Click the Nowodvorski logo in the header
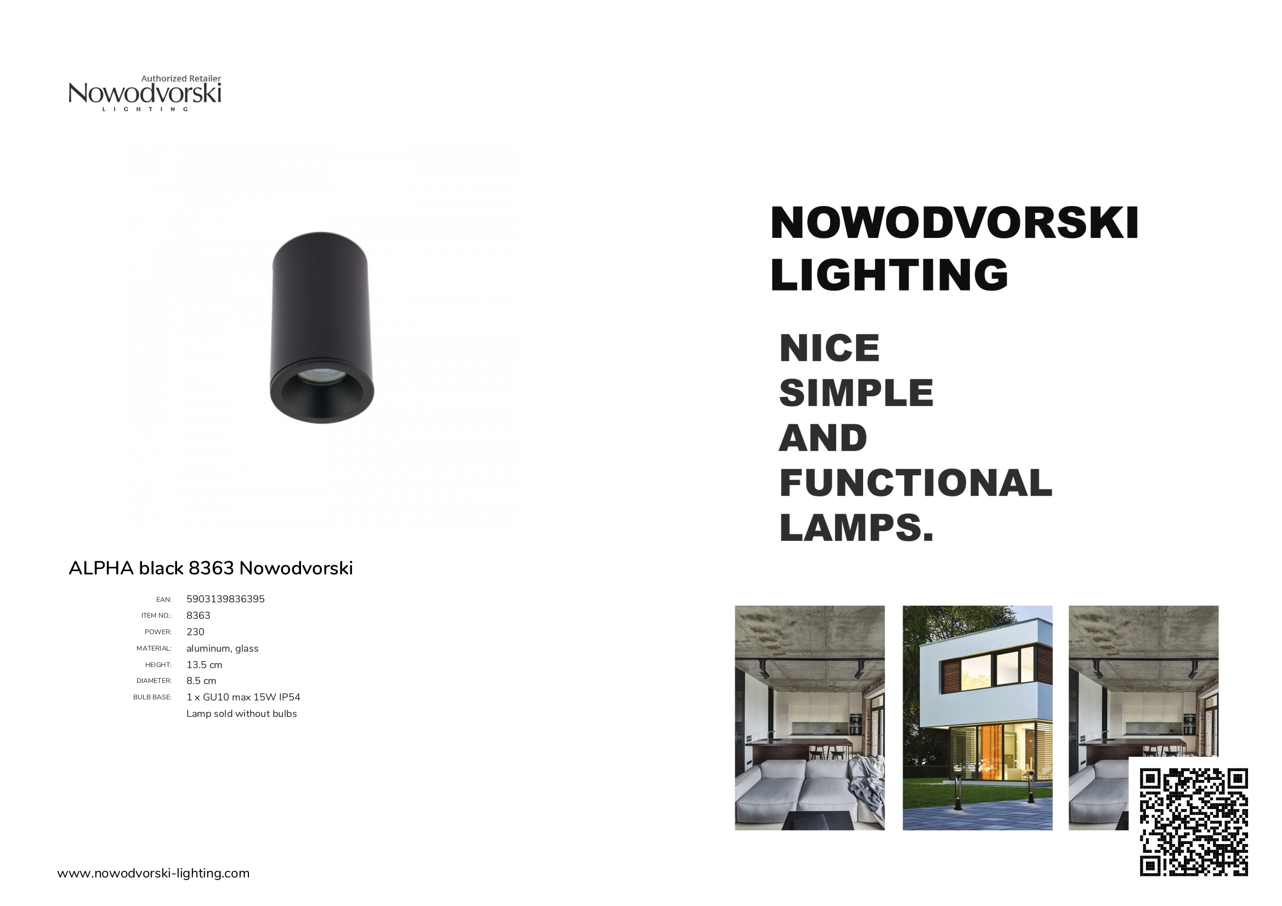(145, 93)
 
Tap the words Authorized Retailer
(181, 79)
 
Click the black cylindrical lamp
(322, 328)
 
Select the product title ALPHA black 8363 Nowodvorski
(211, 568)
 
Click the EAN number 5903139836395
(225, 599)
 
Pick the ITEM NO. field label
(156, 616)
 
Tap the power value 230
(195, 632)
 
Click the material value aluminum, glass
(222, 648)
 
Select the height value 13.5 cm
(205, 665)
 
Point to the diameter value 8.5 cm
(201, 681)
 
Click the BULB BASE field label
(152, 697)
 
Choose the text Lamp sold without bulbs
(242, 714)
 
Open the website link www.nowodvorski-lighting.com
(154, 873)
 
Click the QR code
(1194, 822)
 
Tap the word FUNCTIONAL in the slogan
(916, 483)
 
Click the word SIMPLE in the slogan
(856, 393)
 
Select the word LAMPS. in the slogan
(856, 527)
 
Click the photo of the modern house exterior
(978, 718)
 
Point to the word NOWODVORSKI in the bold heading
(954, 223)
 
